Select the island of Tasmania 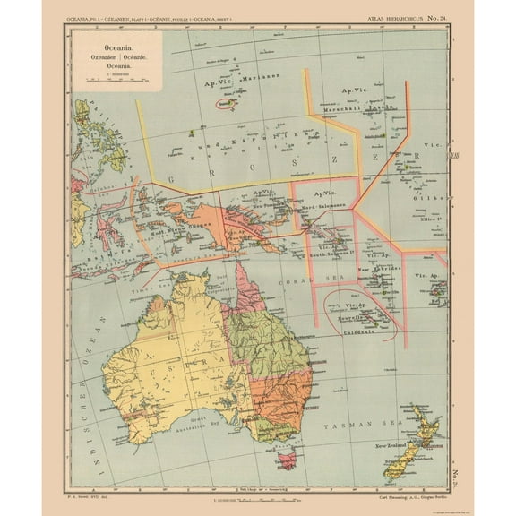point(285,460)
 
